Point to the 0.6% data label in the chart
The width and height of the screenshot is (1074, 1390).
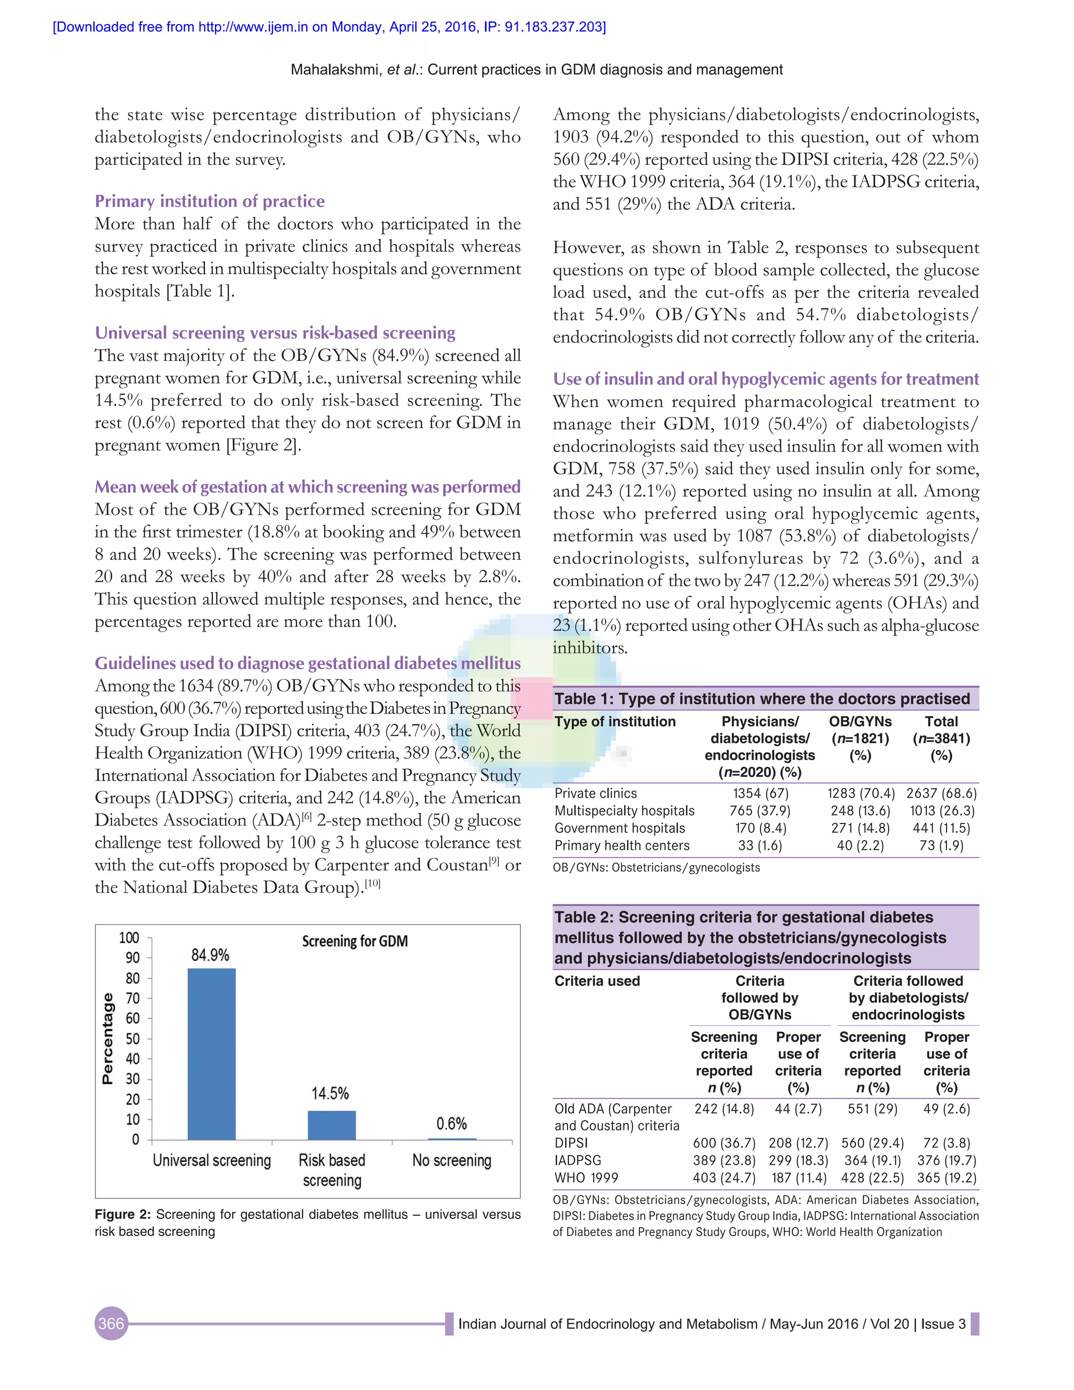coord(451,1124)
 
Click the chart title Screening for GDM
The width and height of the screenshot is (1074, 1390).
coord(355,942)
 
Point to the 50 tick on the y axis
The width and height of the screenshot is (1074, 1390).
coord(132,1039)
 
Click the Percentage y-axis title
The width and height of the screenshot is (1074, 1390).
coord(108,1038)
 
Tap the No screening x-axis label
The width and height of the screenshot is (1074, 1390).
coord(452,1160)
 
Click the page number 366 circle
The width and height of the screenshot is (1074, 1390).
coord(111,1324)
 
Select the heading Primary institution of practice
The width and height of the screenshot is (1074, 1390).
coord(209,201)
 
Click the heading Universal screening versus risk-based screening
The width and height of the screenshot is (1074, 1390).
coord(275,333)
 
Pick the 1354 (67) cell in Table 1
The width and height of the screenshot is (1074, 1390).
coord(760,793)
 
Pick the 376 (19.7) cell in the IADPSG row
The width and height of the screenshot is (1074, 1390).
coord(946,1160)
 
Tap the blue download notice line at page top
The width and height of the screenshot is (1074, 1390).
coord(329,27)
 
